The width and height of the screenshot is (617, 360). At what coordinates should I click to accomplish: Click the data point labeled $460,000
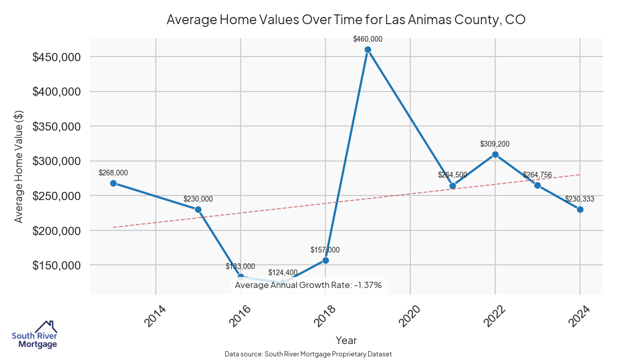pos(368,50)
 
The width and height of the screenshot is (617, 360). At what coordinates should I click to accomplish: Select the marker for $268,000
pos(113,183)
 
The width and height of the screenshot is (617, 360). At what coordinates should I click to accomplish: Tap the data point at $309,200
pos(495,154)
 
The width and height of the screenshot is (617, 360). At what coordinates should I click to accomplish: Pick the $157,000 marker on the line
pos(325,260)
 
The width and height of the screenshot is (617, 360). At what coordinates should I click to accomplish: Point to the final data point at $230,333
pos(580,209)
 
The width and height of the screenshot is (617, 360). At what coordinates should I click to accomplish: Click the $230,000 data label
pos(198,199)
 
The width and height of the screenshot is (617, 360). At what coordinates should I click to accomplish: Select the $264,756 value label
pos(537,175)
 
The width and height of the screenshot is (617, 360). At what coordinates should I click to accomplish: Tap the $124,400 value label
pos(283,273)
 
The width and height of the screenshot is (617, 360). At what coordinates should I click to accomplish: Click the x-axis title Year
pos(346,340)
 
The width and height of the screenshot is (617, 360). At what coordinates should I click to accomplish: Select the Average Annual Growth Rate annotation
pos(308,285)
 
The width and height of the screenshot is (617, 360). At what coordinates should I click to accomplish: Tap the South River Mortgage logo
pos(34,335)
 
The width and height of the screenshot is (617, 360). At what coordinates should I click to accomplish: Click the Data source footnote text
pos(308,354)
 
